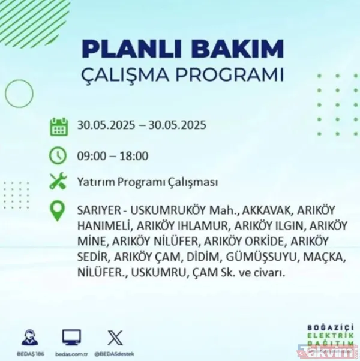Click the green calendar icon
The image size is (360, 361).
[58, 126]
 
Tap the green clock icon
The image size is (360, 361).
[58, 156]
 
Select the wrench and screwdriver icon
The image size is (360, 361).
[58, 182]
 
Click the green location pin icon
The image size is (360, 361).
[58, 212]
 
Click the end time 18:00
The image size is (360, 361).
[132, 156]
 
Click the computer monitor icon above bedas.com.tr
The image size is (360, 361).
[72, 337]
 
